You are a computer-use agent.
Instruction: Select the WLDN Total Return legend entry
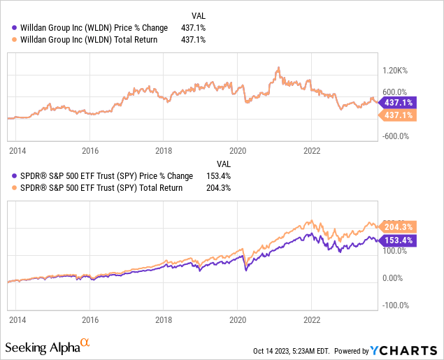(x=84, y=40)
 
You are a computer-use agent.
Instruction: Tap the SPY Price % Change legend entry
(x=95, y=177)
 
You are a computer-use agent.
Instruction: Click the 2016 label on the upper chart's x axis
(x=89, y=150)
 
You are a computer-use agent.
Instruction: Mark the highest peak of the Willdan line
(x=278, y=68)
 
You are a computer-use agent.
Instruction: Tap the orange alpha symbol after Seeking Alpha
(x=85, y=343)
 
